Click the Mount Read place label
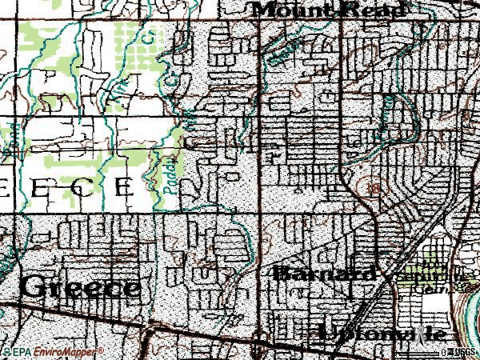tap(330, 10)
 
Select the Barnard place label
tap(324, 274)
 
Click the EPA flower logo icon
tap(5, 350)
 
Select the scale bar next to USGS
tap(444, 351)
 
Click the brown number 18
tap(371, 186)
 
